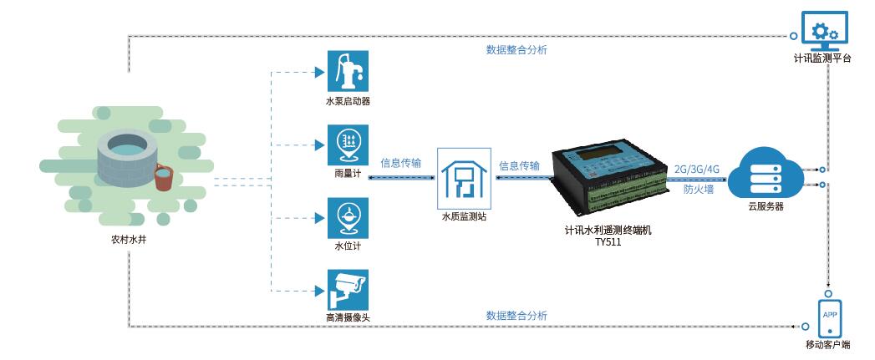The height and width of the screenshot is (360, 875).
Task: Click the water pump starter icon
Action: point(348,71)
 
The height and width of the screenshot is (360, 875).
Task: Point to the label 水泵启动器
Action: point(348,101)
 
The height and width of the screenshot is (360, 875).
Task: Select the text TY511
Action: point(608,242)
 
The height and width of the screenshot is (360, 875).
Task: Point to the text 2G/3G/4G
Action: point(696,169)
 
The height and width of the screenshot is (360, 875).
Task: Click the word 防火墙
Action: point(698,190)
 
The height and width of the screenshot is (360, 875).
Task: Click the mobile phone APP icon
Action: point(830,317)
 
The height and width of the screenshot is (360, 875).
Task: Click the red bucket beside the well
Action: point(165,176)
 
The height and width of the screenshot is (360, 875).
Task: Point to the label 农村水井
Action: point(129,239)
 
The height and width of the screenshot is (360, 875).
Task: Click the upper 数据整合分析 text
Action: point(516,50)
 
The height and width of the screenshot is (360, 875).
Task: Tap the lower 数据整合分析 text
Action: point(516,316)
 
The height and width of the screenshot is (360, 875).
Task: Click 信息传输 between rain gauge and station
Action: point(400,163)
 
